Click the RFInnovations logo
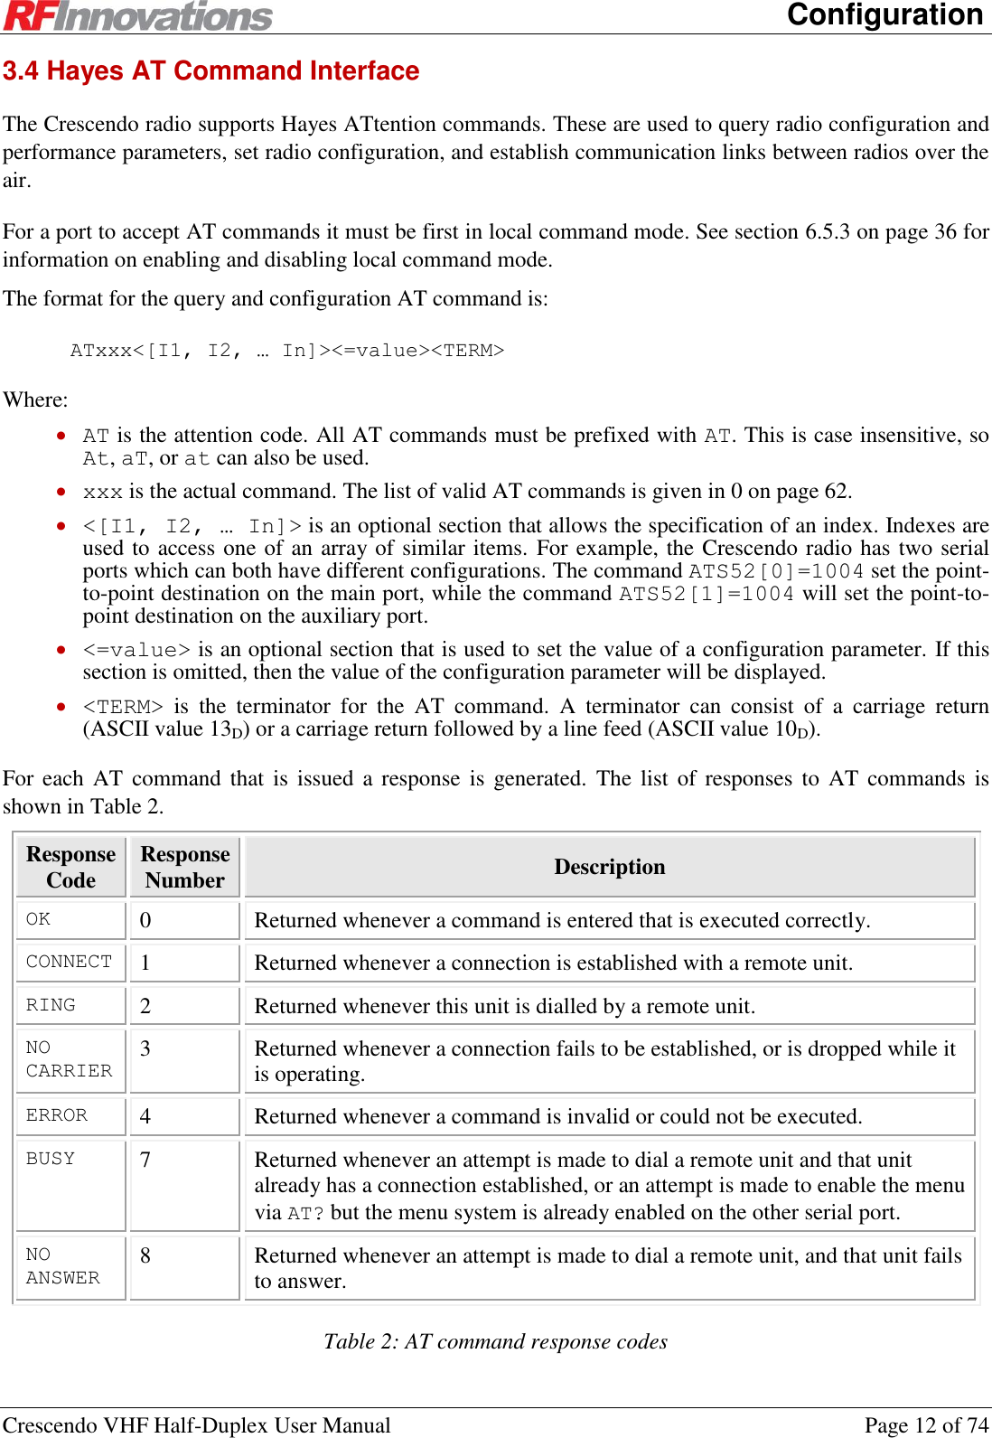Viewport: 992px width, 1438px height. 137,15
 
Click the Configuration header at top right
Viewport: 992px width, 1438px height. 884,14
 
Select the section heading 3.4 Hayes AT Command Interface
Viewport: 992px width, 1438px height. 211,70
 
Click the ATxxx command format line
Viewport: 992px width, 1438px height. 286,350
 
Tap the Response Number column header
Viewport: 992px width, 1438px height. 185,867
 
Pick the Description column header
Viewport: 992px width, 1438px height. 609,867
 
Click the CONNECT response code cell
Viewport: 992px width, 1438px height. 70,962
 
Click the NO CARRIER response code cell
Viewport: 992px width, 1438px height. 70,1059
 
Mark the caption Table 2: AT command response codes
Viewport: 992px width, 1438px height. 495,1341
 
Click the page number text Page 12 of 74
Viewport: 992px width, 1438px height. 926,1425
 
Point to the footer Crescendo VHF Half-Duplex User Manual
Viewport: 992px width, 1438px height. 197,1425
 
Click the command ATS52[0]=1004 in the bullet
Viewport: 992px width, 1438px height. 776,571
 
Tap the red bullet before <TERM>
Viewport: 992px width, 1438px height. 61,706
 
